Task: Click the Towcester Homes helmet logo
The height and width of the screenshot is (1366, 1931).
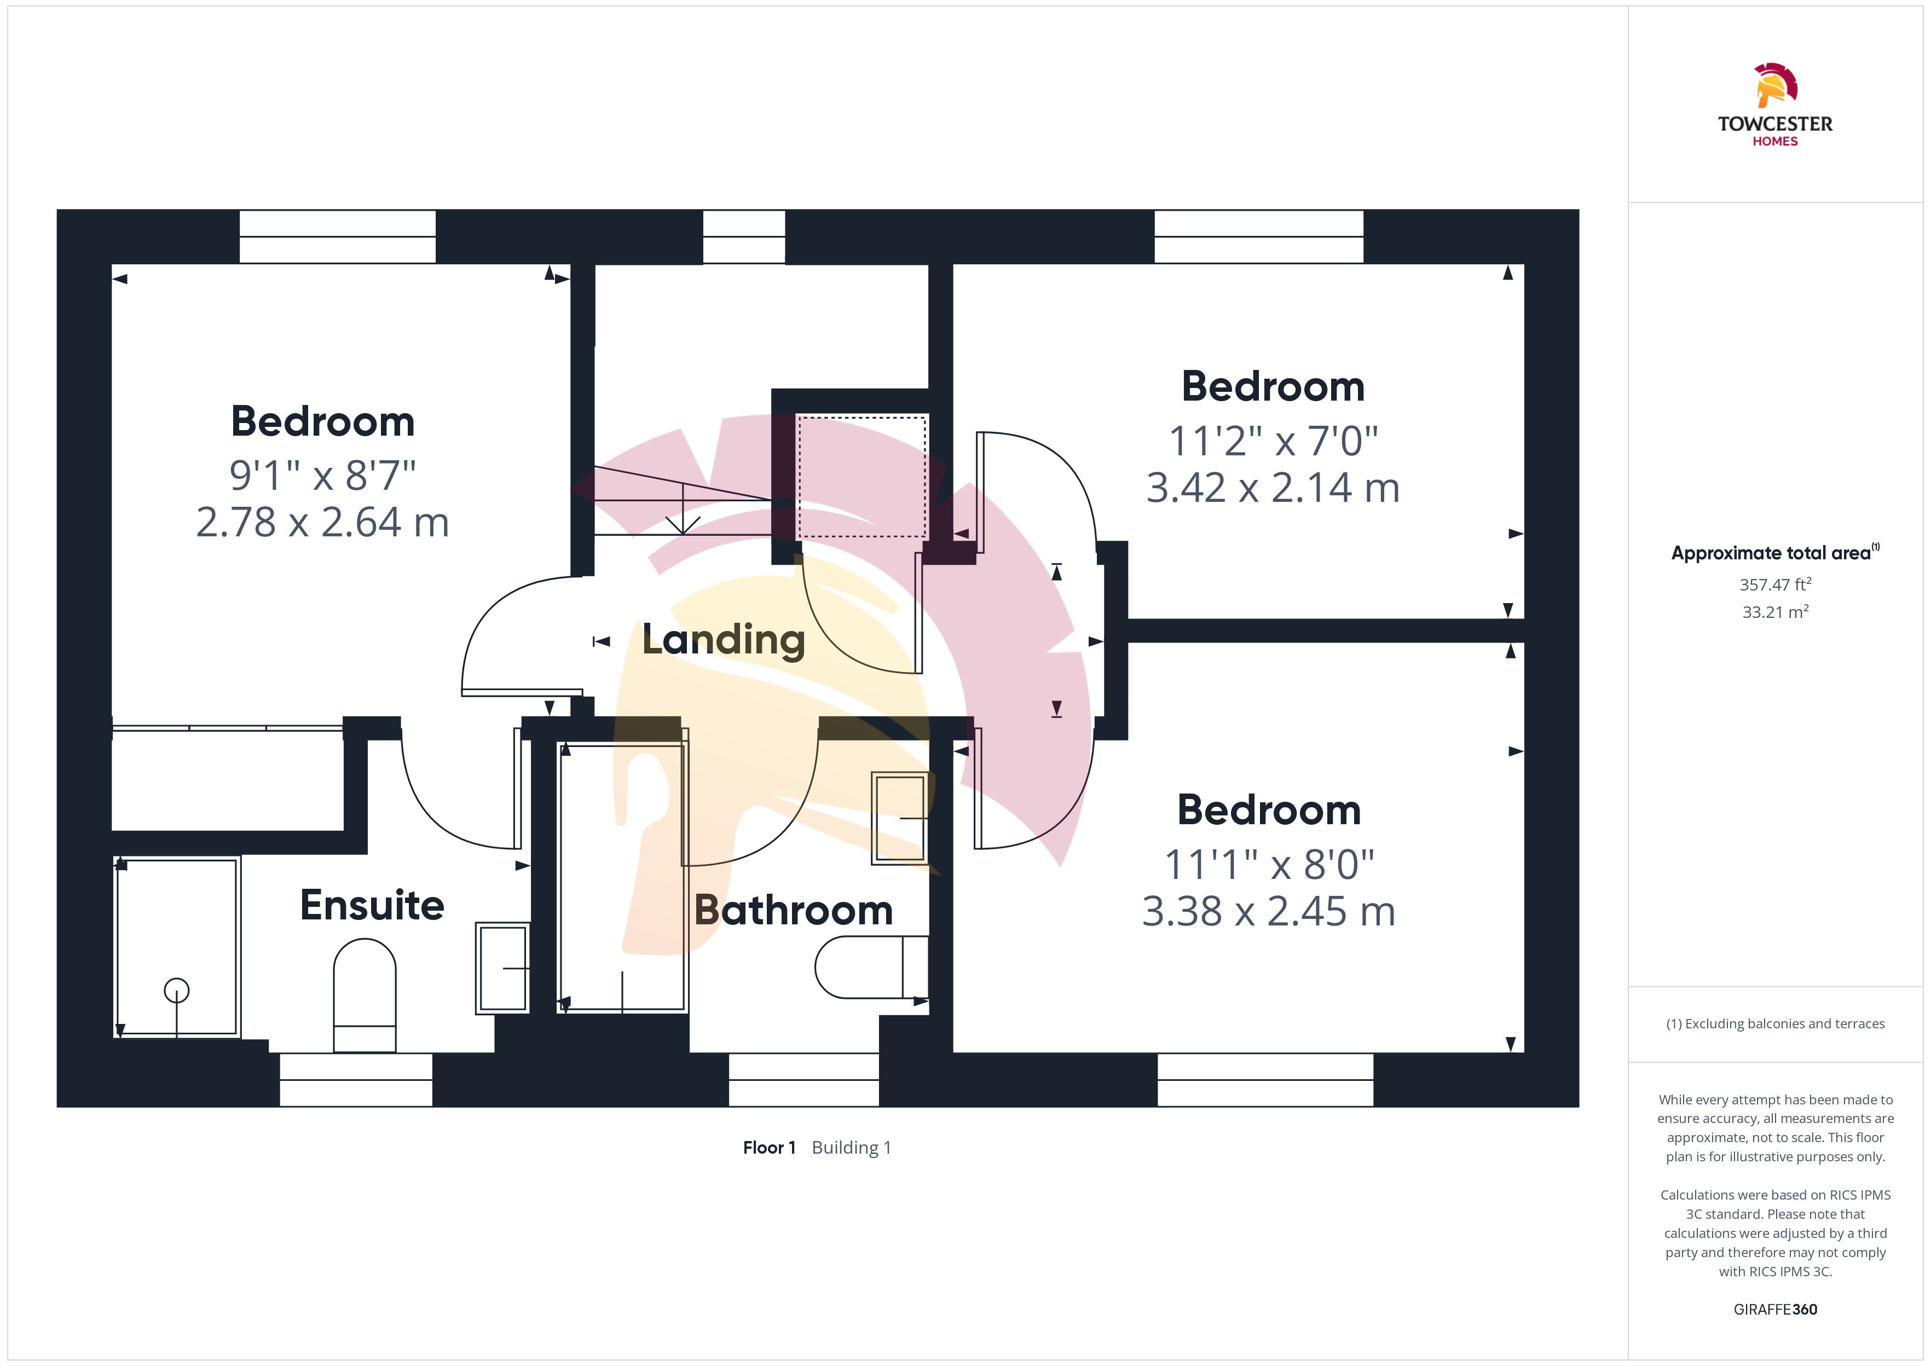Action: pos(1776,85)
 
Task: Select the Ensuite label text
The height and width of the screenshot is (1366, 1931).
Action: pos(372,905)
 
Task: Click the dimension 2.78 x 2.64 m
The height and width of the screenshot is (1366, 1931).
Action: pos(323,522)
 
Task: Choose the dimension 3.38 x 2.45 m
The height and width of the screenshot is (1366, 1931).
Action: pos(1268,911)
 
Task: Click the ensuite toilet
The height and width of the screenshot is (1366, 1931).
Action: pos(365,995)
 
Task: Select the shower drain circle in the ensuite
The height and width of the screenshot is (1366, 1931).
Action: pos(177,990)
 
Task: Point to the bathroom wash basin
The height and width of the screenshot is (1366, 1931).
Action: pos(900,818)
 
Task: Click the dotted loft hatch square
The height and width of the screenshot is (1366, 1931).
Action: pos(862,476)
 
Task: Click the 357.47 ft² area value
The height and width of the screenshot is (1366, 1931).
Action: pos(1776,584)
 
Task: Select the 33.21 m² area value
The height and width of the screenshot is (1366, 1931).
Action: pos(1776,611)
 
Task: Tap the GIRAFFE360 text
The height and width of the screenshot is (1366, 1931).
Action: pos(1776,1309)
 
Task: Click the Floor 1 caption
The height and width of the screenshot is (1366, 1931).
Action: pos(768,1147)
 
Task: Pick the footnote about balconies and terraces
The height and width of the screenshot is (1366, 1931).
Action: pos(1776,1023)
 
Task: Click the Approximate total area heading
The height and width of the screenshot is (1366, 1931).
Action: pos(1774,553)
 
